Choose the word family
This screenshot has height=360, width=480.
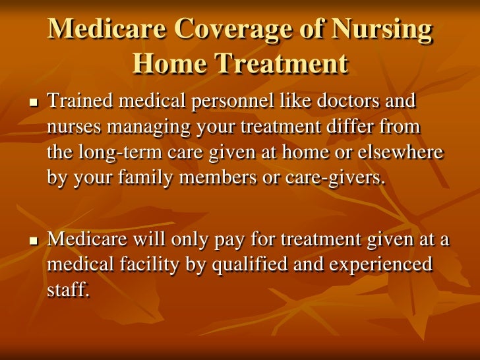click(149, 178)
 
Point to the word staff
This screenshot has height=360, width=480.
click(67, 291)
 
